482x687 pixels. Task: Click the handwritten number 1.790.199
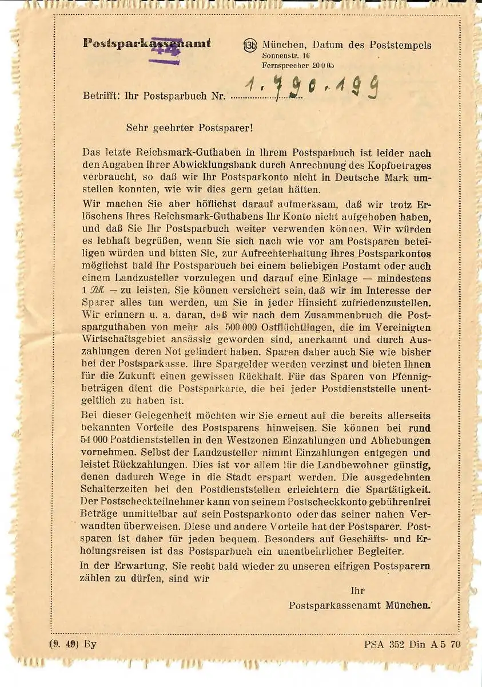pos(312,89)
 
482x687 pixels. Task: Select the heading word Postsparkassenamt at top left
pos(147,43)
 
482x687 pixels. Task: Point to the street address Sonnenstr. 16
pos(286,56)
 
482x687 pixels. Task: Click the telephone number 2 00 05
pos(322,66)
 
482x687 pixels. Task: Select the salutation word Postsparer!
pos(226,128)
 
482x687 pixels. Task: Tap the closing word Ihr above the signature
pos(357,591)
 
